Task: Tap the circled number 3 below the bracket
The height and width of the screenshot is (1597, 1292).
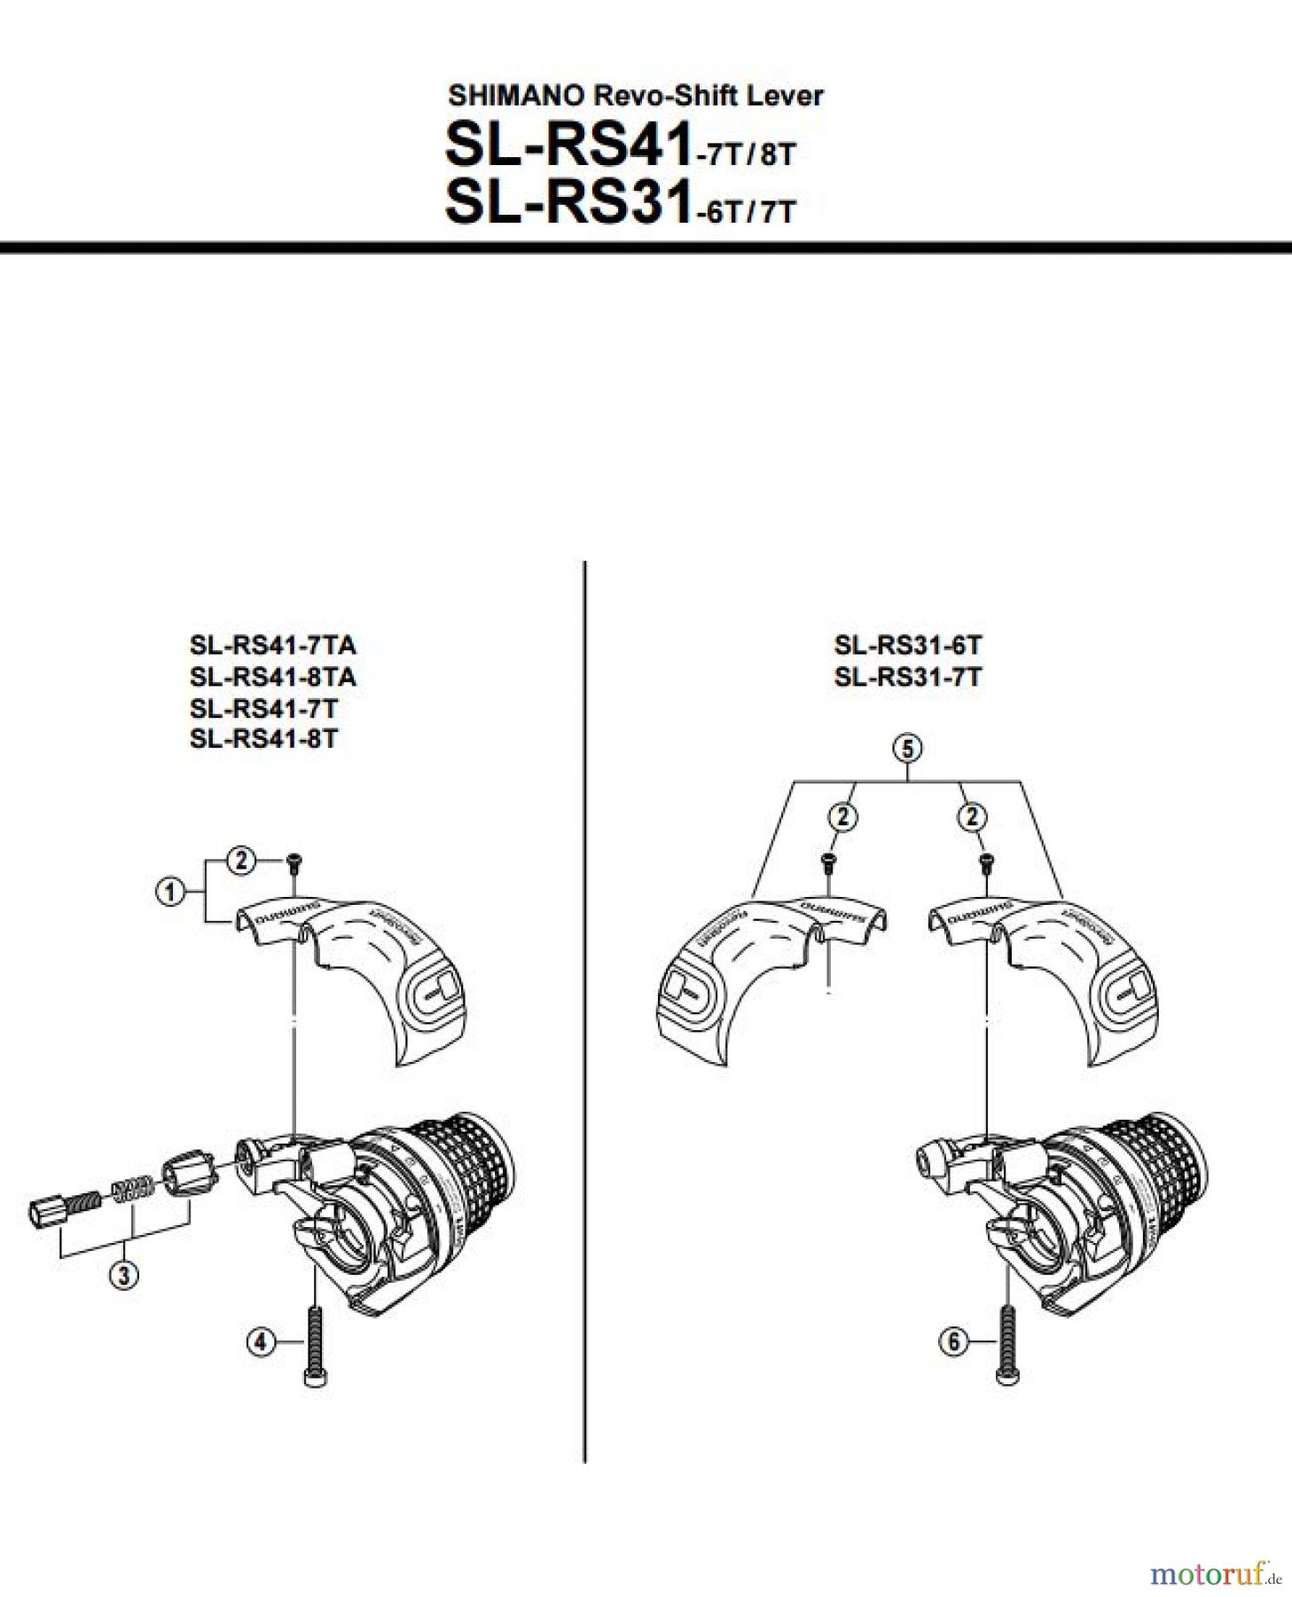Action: (x=123, y=1276)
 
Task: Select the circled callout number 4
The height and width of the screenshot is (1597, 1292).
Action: (x=260, y=1342)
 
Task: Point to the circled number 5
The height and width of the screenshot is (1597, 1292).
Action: (x=907, y=749)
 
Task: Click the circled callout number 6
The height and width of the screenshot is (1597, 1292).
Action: (x=953, y=1341)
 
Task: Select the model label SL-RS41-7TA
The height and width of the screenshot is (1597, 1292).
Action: (x=273, y=645)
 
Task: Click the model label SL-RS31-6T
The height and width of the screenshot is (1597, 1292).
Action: (x=907, y=645)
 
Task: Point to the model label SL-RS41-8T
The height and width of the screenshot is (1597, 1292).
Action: (x=263, y=739)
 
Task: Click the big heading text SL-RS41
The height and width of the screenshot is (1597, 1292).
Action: (x=568, y=145)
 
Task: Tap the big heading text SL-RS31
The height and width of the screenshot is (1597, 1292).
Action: (x=568, y=201)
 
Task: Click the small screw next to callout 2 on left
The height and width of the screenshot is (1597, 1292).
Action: (x=294, y=860)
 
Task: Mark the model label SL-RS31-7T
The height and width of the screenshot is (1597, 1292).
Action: (x=907, y=677)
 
